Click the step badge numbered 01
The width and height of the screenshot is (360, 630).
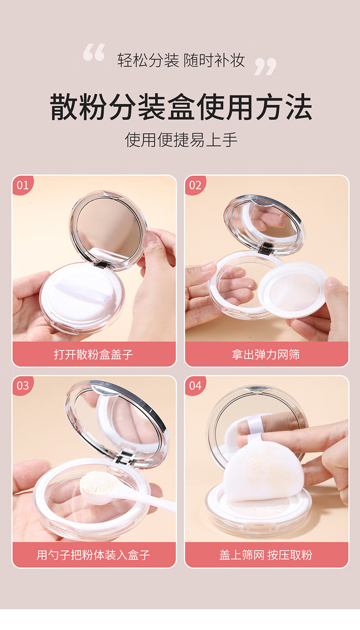(22, 185)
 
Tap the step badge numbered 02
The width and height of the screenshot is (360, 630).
(195, 185)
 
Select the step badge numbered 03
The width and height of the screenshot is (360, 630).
(22, 386)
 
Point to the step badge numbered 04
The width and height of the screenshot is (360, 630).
(195, 386)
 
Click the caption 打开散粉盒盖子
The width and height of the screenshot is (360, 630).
(93, 354)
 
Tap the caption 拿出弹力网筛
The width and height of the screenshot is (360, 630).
(266, 354)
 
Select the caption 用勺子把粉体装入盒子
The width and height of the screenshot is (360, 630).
(93, 555)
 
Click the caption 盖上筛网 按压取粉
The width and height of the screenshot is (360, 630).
(266, 555)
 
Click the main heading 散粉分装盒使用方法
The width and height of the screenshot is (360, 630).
(181, 107)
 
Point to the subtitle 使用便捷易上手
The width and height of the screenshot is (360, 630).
(181, 140)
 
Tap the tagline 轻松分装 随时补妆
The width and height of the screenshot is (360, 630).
(181, 60)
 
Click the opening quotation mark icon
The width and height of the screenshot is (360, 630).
(94, 52)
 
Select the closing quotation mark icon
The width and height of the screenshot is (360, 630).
(265, 67)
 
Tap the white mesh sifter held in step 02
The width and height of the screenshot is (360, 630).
(293, 290)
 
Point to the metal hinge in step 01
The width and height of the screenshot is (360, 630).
(102, 264)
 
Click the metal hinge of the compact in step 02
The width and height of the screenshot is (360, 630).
(266, 248)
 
